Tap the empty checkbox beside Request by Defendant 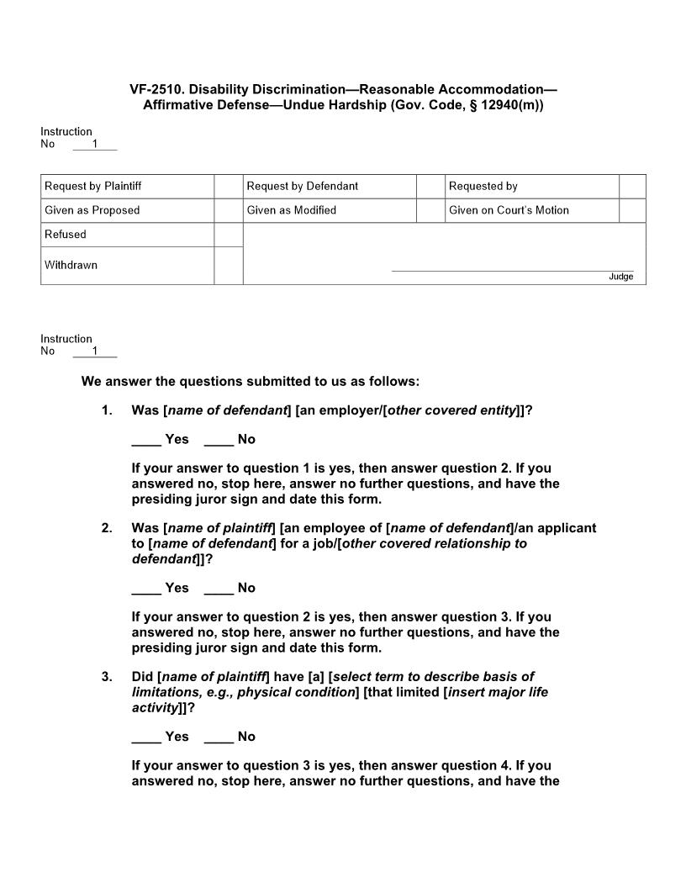tap(430, 186)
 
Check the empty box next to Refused tap(228, 235)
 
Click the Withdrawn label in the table tap(71, 265)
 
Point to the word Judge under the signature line tap(621, 277)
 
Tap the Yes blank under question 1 tap(146, 439)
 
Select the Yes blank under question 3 tap(146, 737)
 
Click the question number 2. tap(107, 528)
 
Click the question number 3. tap(107, 677)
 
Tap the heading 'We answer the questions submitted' tap(250, 381)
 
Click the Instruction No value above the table tap(94, 144)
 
